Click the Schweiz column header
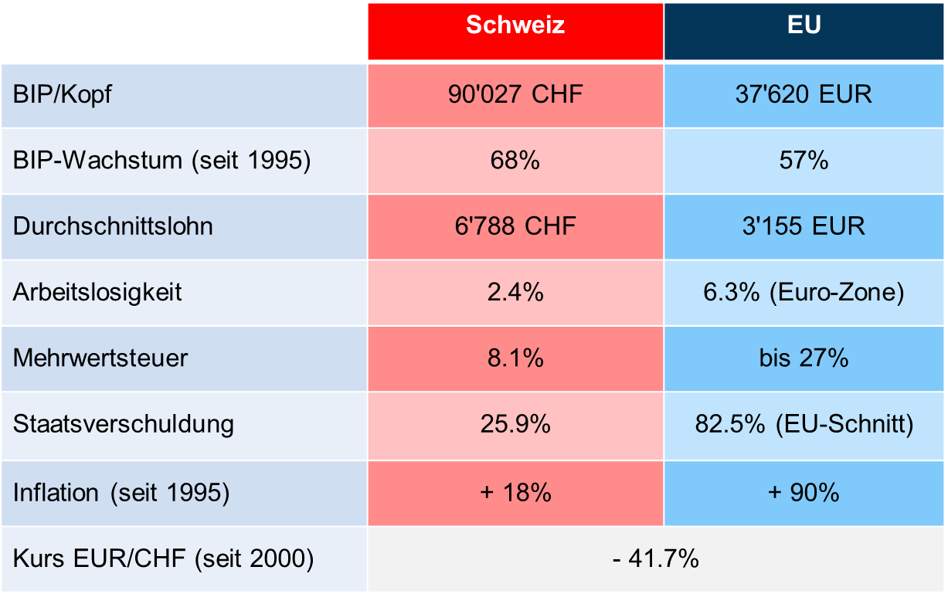(x=515, y=25)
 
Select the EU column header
(x=804, y=25)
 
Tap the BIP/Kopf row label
(x=63, y=95)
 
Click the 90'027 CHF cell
(x=515, y=94)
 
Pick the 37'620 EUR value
(x=804, y=94)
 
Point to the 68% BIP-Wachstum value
(x=515, y=161)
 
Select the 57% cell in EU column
(x=804, y=161)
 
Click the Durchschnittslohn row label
(x=113, y=226)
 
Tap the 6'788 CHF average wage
(x=515, y=226)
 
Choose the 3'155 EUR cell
(x=804, y=226)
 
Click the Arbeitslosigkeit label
(x=98, y=293)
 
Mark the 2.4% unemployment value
(x=515, y=293)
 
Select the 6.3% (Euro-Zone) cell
(x=804, y=293)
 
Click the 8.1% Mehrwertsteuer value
(x=515, y=358)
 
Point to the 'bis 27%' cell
(x=804, y=358)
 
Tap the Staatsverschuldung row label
(x=124, y=424)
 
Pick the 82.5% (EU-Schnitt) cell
(x=804, y=424)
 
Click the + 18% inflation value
(x=515, y=492)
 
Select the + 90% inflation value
(x=804, y=492)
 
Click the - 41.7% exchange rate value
(x=656, y=558)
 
